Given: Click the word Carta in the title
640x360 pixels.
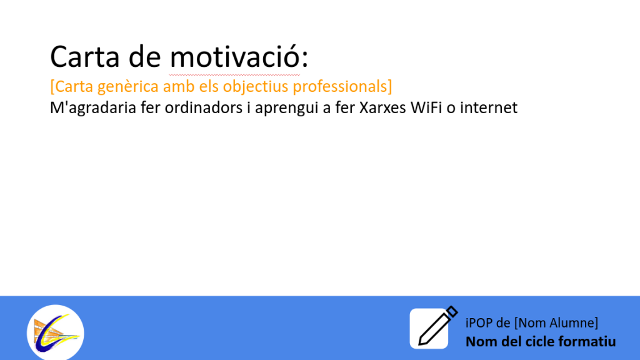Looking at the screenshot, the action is [85, 56].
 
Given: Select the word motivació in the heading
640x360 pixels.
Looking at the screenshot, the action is [235, 56].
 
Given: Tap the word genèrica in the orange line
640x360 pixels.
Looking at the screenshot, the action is [128, 87].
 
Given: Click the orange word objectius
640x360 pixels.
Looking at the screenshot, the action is [256, 87].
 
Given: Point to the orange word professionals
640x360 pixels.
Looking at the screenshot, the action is [340, 86].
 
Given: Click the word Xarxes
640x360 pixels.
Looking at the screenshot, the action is [382, 107].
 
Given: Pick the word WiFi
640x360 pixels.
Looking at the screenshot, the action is [426, 107].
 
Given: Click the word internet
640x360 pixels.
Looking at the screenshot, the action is [489, 107].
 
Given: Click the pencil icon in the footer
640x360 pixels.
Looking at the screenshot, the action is [434, 327].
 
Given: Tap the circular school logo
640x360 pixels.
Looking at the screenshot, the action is [56, 332].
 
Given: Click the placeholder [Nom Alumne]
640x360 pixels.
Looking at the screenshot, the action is [556, 323].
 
